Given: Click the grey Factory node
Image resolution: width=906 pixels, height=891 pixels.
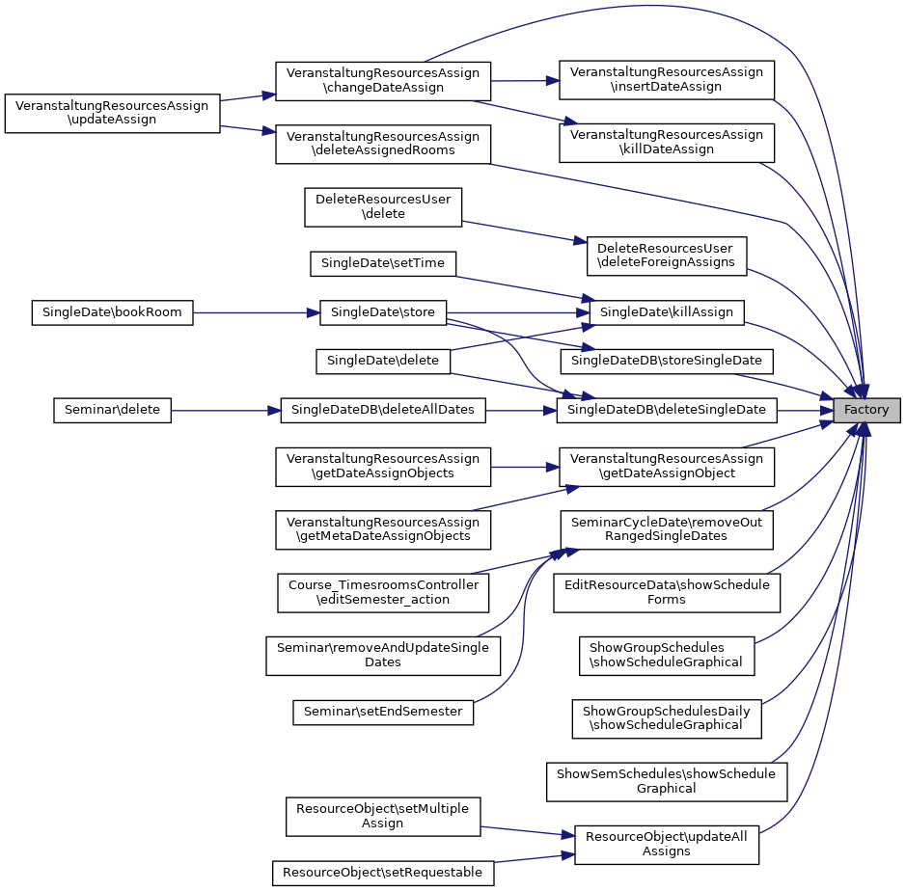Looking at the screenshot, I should [866, 410].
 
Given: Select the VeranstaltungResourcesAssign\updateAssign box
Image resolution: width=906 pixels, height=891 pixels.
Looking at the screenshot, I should [112, 114].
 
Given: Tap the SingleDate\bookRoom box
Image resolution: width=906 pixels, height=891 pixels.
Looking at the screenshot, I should [112, 312].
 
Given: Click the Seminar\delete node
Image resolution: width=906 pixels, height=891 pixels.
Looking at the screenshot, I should [112, 410].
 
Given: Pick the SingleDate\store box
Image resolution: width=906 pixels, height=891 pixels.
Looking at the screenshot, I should [383, 312].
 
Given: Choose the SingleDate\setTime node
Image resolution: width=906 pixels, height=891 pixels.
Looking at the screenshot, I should [383, 263].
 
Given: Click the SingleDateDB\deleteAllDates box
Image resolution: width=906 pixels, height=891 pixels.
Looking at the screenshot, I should [383, 410].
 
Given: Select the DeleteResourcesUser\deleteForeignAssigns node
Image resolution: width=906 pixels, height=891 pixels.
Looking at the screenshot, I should [666, 256].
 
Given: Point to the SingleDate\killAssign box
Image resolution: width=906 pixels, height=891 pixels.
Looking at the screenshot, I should [666, 312].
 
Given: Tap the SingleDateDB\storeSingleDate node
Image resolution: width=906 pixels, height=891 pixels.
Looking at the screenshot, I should [666, 361].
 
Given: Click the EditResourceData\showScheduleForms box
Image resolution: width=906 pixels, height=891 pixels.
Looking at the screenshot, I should [666, 592].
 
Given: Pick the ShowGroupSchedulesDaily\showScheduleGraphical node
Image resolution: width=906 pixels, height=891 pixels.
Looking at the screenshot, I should [666, 717].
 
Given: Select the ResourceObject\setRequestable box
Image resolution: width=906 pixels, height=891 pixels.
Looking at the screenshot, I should [383, 873].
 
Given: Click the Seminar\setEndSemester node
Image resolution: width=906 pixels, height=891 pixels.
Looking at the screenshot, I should [383, 712].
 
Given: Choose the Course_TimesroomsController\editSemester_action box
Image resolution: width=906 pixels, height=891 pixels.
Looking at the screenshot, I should [383, 592].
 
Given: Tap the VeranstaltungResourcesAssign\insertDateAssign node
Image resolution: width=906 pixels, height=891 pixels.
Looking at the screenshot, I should [666, 79].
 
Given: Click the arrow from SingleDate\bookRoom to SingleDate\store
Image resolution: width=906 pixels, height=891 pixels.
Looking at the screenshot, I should [256, 312].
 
